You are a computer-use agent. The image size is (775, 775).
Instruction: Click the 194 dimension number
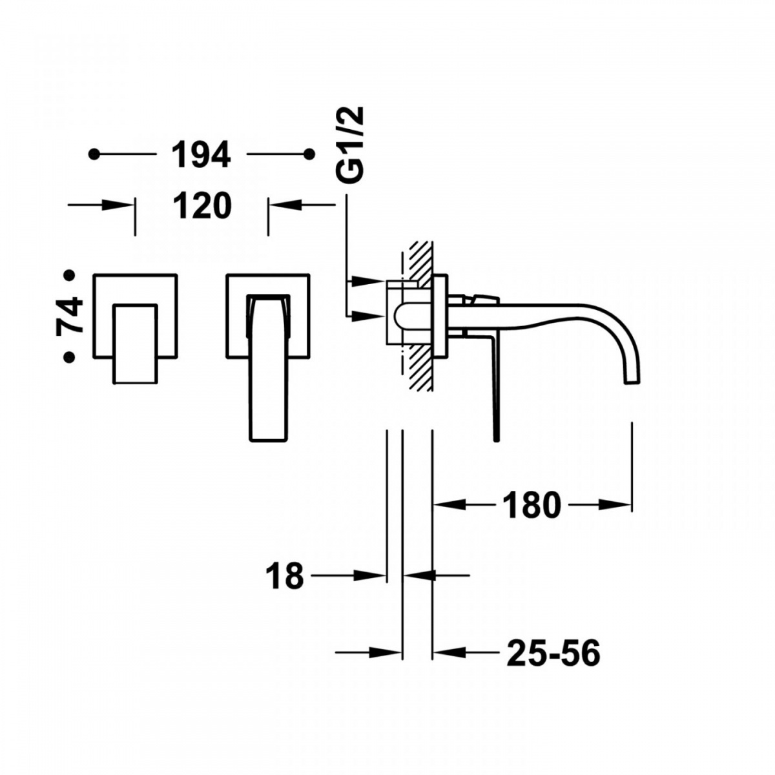pos(201,154)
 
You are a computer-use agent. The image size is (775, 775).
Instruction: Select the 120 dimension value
pos(202,205)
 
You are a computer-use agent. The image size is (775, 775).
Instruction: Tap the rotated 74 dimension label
pos(69,316)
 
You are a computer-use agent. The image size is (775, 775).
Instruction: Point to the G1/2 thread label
pos(349,145)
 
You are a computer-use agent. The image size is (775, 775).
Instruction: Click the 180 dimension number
pos(531,505)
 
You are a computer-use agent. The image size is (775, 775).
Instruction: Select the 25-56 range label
pos(553,653)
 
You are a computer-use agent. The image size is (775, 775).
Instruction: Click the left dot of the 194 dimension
pos(94,154)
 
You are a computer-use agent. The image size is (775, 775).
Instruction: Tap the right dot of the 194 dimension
pos(309,154)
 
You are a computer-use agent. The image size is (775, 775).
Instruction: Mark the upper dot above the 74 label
pos(70,276)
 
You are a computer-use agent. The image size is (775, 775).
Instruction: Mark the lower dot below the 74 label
pos(70,356)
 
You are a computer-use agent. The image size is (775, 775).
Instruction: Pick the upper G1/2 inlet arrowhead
pos(367,280)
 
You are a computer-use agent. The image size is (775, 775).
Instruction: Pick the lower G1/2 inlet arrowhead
pos(367,316)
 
